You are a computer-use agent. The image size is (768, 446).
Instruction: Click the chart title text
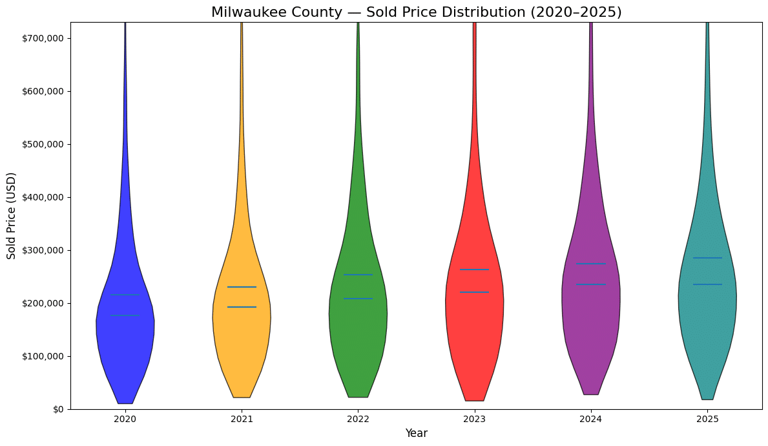click(x=416, y=12)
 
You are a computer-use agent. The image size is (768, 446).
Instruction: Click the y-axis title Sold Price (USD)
click(x=12, y=216)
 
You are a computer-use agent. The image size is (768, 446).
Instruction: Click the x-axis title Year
click(x=416, y=433)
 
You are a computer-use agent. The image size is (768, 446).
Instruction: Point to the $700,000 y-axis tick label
click(x=42, y=38)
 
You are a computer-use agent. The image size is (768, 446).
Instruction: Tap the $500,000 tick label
click(x=42, y=144)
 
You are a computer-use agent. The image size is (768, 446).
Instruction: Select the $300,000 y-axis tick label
click(x=42, y=250)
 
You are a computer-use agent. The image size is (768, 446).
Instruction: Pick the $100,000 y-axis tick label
click(x=42, y=356)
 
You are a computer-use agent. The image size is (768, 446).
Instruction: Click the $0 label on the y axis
click(x=58, y=409)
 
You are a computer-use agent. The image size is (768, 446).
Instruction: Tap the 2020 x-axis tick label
click(x=125, y=419)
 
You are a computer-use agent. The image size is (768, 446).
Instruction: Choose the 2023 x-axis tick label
click(x=474, y=419)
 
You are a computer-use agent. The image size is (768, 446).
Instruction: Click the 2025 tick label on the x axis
click(x=707, y=419)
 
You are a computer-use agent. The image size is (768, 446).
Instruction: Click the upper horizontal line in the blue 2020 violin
click(x=125, y=295)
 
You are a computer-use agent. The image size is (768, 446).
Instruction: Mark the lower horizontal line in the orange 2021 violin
click(x=242, y=307)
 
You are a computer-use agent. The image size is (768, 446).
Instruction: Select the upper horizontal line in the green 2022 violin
click(x=358, y=275)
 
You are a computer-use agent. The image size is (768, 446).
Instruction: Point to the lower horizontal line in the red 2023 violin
click(x=474, y=292)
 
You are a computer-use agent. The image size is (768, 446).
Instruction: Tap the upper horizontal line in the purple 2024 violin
click(x=590, y=264)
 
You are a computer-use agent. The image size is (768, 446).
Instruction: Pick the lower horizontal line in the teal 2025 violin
click(x=707, y=284)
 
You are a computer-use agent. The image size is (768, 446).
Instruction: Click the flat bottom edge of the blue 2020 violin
click(x=125, y=403)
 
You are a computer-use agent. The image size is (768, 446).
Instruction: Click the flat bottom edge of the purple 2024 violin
click(x=590, y=394)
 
